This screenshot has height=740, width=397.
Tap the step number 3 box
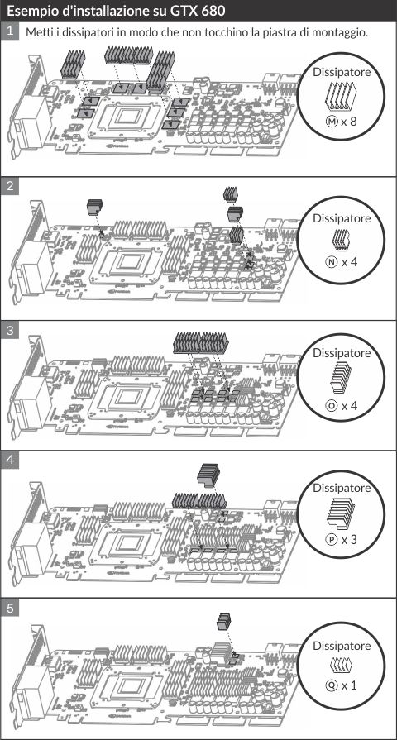[9, 331]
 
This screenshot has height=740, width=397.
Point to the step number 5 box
[9, 609]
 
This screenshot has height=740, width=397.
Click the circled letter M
[332, 122]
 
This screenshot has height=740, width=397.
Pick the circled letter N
[332, 261]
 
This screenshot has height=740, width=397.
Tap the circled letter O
[332, 405]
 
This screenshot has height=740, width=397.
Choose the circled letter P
[332, 539]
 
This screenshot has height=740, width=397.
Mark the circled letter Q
[332, 685]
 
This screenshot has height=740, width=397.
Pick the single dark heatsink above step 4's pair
[208, 475]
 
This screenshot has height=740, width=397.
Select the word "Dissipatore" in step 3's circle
[342, 352]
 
